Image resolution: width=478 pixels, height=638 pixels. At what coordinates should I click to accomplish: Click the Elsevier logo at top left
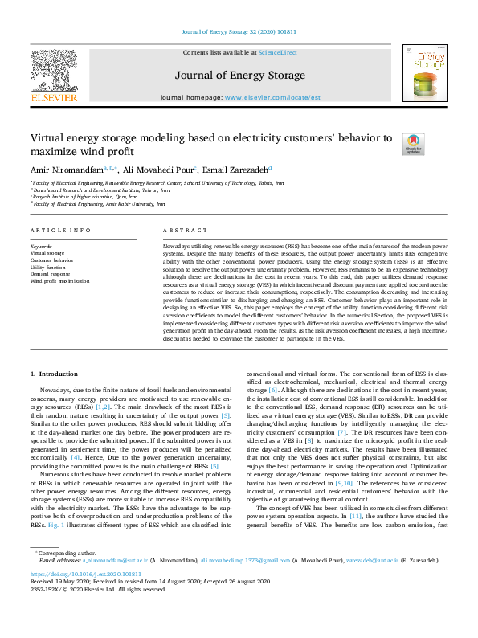(x=54, y=76)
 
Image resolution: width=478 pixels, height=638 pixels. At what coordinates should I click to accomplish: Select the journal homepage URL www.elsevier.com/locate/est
(x=272, y=96)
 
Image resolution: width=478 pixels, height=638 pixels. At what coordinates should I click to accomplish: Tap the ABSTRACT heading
(x=179, y=230)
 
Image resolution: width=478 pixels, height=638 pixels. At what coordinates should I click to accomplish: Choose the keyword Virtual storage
(x=47, y=253)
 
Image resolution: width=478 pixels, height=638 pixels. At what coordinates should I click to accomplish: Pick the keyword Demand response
(x=50, y=274)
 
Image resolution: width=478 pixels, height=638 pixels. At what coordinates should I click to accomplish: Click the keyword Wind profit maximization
(x=60, y=281)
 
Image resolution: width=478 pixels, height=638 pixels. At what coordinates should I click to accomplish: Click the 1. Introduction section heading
(x=54, y=375)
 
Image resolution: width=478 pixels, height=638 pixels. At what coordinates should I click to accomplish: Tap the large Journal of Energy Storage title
(x=239, y=73)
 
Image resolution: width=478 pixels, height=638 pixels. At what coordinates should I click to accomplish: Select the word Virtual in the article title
(x=51, y=137)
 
